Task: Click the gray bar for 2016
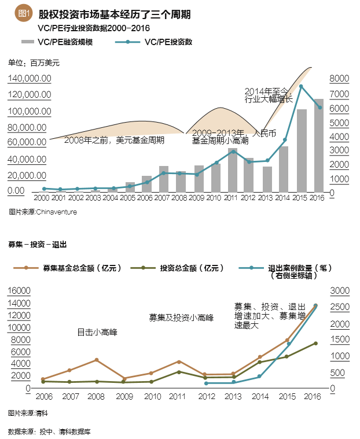[x=318, y=146]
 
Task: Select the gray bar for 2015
[x=302, y=150]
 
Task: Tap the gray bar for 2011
[x=233, y=170]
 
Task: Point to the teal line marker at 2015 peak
[x=301, y=86]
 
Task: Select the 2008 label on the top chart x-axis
[x=179, y=198]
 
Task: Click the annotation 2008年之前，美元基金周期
[x=114, y=140]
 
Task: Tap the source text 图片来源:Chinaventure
[x=43, y=212]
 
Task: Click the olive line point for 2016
[x=315, y=343]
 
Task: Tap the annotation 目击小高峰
[x=98, y=333]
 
